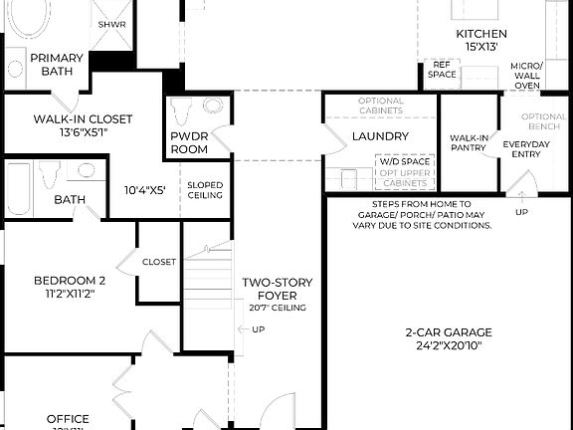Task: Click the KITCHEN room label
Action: (x=476, y=33)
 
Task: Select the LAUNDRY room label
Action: (x=380, y=136)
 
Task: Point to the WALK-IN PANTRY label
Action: (x=468, y=143)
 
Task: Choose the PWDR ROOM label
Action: (x=189, y=142)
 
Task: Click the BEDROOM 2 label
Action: (x=69, y=280)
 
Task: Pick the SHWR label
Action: (x=109, y=25)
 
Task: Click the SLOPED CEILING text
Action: (x=205, y=190)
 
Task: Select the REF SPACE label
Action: (x=442, y=69)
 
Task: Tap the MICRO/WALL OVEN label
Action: (x=526, y=76)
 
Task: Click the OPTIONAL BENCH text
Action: (x=544, y=122)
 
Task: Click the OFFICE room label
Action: (x=68, y=419)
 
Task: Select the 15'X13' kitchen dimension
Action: (x=476, y=47)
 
